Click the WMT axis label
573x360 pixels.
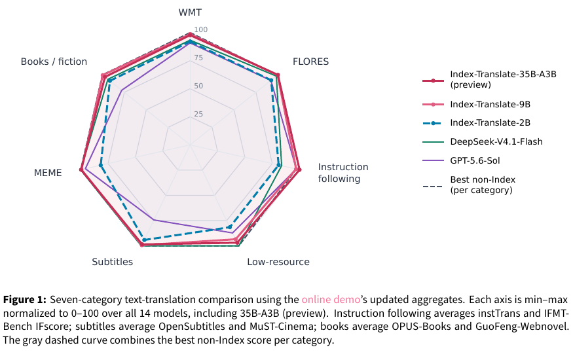pos(190,12)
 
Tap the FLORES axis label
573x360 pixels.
pos(310,62)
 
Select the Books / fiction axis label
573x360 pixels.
pos(54,62)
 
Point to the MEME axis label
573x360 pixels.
pos(48,173)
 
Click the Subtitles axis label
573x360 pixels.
pos(112,262)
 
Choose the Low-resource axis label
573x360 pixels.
pos(278,262)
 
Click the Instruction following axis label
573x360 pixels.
pos(343,173)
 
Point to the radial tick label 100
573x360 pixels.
pos(200,29)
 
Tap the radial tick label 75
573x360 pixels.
pos(198,58)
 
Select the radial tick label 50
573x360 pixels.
pos(198,86)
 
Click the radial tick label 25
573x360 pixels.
pos(198,114)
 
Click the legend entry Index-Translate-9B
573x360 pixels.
pos(490,105)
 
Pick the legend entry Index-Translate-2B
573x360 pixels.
pos(490,123)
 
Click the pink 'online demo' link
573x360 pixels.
pos(331,300)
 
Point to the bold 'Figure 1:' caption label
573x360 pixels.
pos(25,300)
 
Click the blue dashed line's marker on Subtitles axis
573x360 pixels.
pos(144,240)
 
